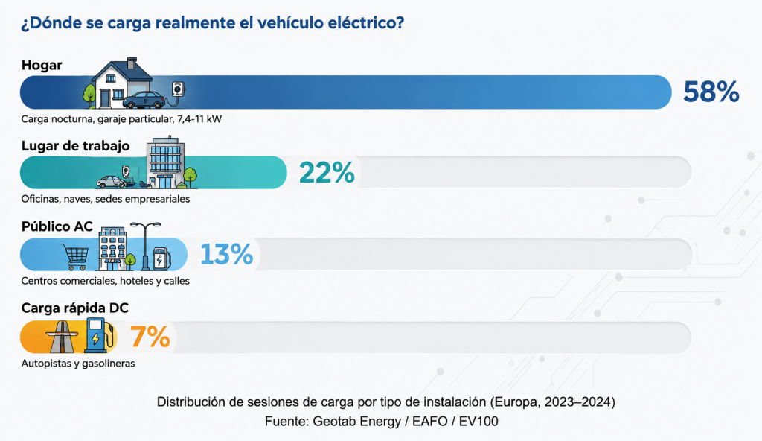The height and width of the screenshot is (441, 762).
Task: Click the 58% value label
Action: (711, 92)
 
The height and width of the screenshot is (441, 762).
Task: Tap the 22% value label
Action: (327, 172)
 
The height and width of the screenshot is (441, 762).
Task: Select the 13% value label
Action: (226, 254)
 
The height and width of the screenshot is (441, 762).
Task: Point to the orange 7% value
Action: (150, 337)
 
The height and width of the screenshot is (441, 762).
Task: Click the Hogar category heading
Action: (42, 65)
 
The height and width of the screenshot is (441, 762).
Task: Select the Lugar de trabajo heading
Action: (75, 145)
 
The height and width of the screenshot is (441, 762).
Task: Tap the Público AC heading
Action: (57, 226)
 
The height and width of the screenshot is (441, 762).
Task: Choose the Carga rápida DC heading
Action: (75, 308)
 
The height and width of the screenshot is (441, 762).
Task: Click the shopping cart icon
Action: (75, 256)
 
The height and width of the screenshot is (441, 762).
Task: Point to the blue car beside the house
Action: (144, 100)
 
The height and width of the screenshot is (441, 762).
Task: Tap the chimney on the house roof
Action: (132, 63)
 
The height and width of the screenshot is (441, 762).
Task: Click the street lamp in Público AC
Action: (145, 246)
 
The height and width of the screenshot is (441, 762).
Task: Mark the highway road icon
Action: (63, 337)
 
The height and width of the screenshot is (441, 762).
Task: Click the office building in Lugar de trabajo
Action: (166, 162)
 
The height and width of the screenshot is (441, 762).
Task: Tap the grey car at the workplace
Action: (112, 182)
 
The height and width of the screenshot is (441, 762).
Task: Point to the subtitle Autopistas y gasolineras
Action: (78, 363)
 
